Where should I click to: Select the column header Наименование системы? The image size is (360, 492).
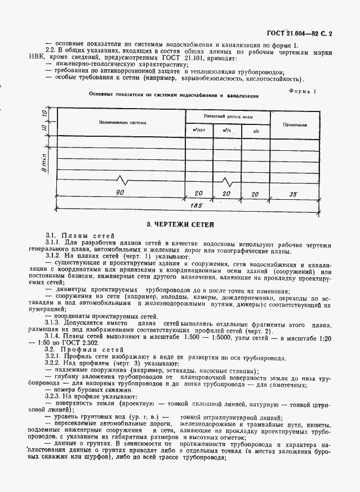point(122,122)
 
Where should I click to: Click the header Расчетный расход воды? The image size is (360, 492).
point(228,115)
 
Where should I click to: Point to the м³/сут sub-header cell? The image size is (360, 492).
point(199,130)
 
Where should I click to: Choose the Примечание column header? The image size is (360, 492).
point(295,124)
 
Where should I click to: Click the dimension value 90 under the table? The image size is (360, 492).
point(119,193)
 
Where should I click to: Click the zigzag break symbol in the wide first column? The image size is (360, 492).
point(123,180)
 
